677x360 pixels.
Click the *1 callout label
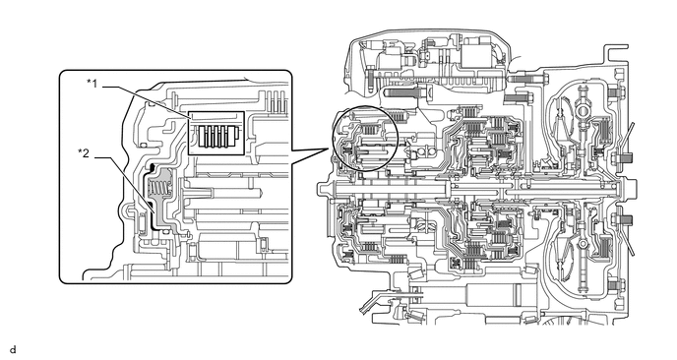[92, 84]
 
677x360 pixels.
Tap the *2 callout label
[84, 152]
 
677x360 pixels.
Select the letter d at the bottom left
[14, 349]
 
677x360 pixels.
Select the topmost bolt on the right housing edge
[614, 92]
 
